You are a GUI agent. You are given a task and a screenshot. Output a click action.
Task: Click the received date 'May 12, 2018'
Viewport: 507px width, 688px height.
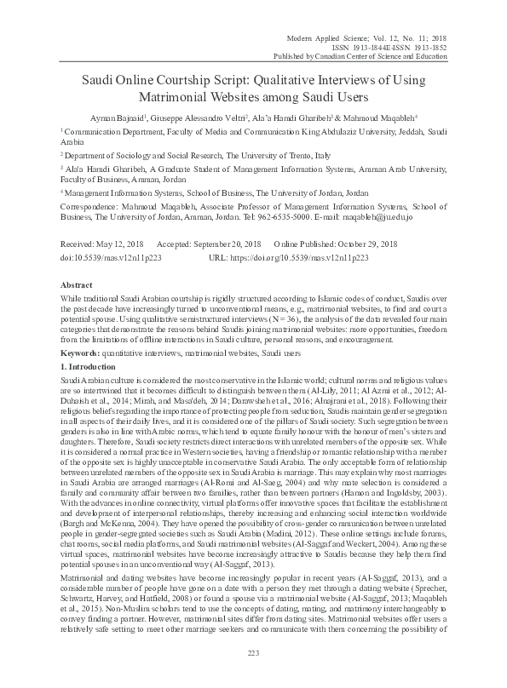[x=120, y=242]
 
